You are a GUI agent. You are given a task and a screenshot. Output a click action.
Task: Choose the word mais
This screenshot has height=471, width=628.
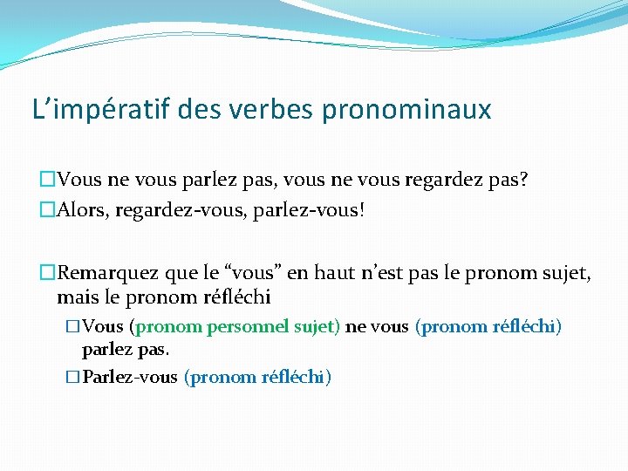coord(75,297)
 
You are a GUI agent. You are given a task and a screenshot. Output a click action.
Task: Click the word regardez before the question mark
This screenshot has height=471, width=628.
coord(445,181)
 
